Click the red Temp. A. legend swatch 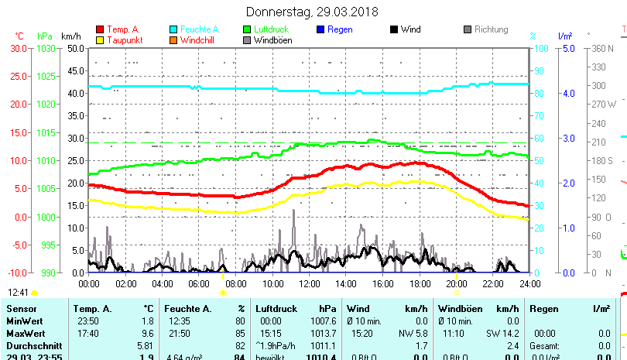[x=100, y=29]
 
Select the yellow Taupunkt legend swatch [x=100, y=39]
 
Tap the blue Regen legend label [x=341, y=29]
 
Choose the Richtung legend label [x=491, y=29]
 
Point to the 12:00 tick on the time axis [x=309, y=283]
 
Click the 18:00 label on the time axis [x=420, y=283]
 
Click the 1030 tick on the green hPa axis [x=45, y=48]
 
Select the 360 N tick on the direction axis [x=602, y=48]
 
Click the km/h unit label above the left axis [x=70, y=36]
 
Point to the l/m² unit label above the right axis [x=565, y=36]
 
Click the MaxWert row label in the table [x=25, y=333]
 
